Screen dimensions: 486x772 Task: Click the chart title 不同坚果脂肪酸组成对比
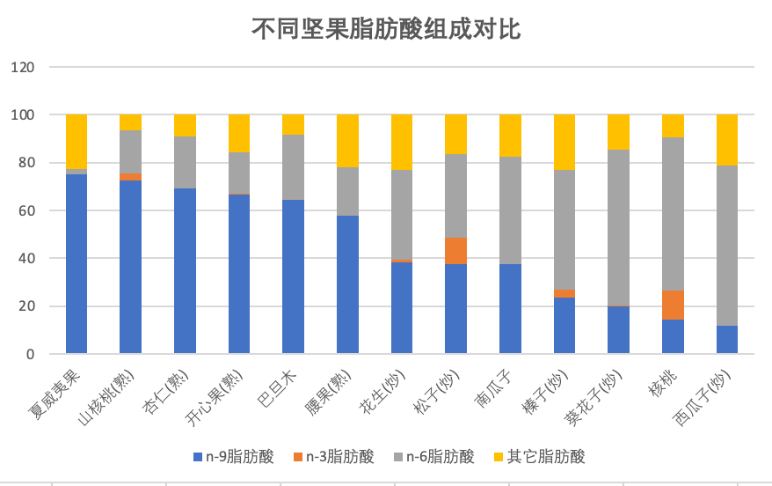[x=387, y=30]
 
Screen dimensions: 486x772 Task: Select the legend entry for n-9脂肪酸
[x=233, y=456]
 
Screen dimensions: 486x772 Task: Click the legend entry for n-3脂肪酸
[x=333, y=456]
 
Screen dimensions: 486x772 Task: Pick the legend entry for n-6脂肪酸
[x=433, y=456]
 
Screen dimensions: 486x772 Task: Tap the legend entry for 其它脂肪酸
[x=535, y=456]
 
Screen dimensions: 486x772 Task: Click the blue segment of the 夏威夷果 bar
[x=76, y=264]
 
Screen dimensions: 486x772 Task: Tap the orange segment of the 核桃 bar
[x=673, y=305]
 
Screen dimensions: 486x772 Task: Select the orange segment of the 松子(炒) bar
[x=455, y=251]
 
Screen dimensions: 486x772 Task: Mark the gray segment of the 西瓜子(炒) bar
[x=727, y=246]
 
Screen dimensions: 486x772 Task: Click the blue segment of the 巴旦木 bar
[x=293, y=276]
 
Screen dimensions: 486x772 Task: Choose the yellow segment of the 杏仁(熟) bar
[x=185, y=125]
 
